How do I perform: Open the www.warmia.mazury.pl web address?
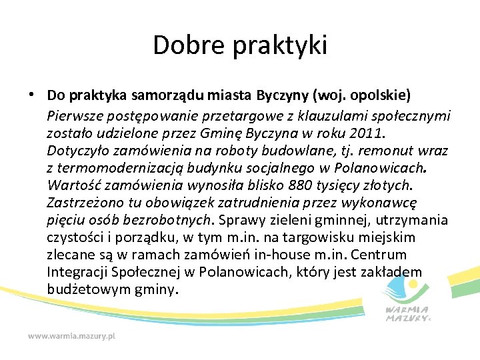(x=72, y=336)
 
